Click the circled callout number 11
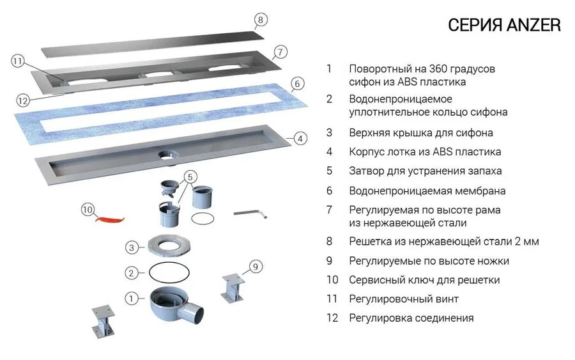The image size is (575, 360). tap(18, 61)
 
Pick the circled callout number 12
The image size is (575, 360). tap(23, 100)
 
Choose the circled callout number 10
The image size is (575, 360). tap(88, 208)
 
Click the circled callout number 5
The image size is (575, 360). tap(190, 176)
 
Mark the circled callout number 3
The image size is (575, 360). tap(132, 247)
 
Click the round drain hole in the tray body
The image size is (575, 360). tap(167, 153)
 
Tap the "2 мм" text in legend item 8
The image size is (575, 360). tap(526, 242)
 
